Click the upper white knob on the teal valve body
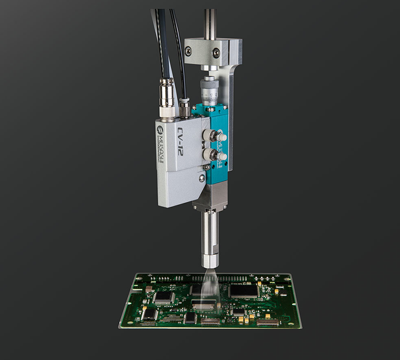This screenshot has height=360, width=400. [x=221, y=136]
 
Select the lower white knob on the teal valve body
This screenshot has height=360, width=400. [x=221, y=156]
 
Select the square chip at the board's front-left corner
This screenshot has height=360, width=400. [x=149, y=313]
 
